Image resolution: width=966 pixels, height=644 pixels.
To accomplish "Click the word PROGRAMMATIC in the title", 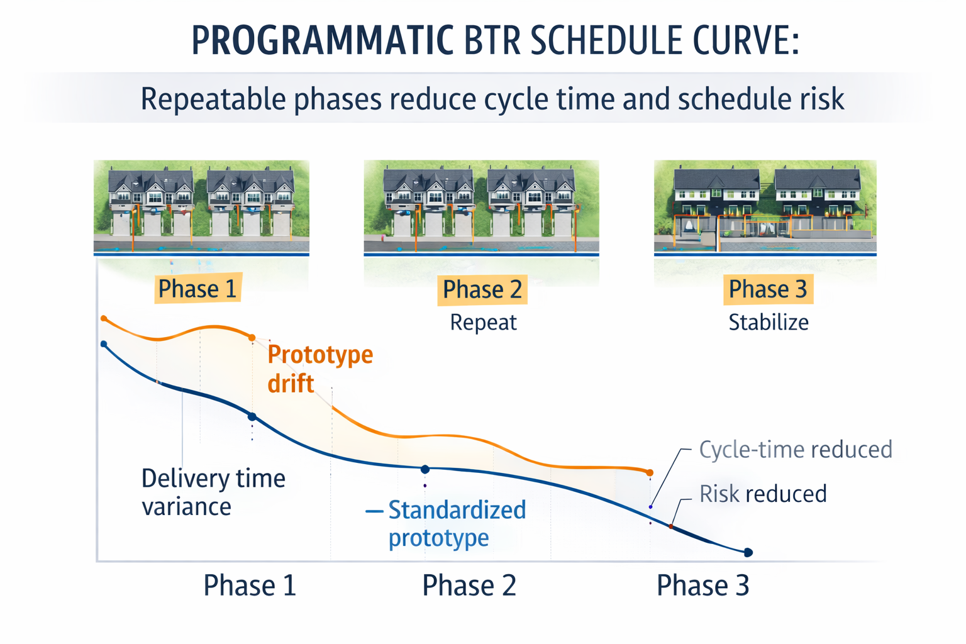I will pyautogui.click(x=322, y=41).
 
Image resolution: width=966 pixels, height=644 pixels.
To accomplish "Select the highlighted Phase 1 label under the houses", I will pyautogui.click(x=197, y=289).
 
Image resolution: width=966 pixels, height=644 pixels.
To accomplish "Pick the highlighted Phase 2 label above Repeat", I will pyautogui.click(x=482, y=289).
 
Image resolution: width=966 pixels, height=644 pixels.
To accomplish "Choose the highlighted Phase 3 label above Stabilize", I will pyautogui.click(x=767, y=289).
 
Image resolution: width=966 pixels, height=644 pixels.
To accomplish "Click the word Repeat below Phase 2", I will pyautogui.click(x=483, y=322).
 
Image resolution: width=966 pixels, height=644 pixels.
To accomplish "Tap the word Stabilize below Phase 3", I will pyautogui.click(x=768, y=322).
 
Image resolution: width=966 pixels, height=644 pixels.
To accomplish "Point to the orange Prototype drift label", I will pyautogui.click(x=319, y=369).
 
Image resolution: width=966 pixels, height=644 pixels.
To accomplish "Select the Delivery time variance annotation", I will pyautogui.click(x=213, y=492).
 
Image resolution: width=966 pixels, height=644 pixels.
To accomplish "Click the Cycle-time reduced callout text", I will pyautogui.click(x=796, y=450).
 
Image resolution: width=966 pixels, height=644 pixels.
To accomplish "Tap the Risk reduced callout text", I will pyautogui.click(x=762, y=494).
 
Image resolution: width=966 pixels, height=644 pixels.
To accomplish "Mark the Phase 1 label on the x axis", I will pyautogui.click(x=249, y=586).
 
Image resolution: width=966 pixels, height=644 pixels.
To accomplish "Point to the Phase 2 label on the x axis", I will pyautogui.click(x=469, y=586).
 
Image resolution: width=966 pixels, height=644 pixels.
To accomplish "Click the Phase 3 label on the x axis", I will pyautogui.click(x=702, y=586).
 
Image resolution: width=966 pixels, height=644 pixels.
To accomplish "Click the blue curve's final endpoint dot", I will pyautogui.click(x=748, y=552).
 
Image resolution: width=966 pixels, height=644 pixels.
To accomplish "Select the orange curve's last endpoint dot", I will pyautogui.click(x=650, y=472).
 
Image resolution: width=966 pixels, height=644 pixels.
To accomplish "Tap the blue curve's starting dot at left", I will pyautogui.click(x=104, y=344).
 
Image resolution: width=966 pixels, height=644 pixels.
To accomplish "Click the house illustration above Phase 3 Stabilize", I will pyautogui.click(x=765, y=206).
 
